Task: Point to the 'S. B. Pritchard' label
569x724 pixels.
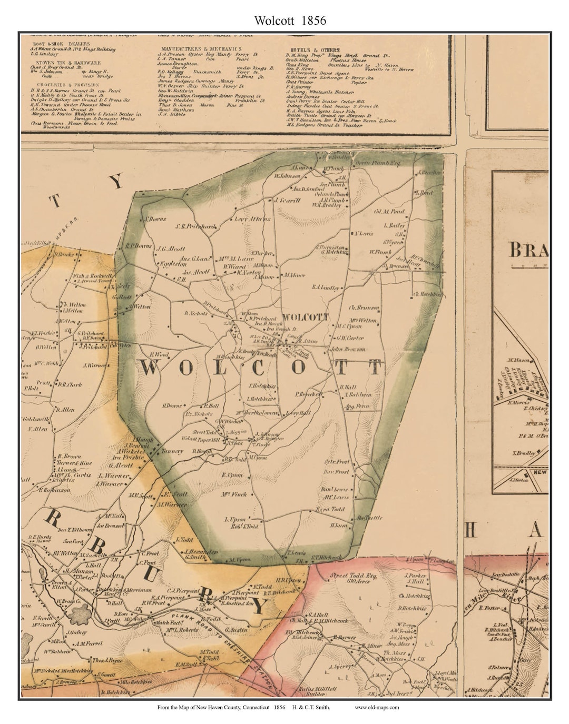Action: pos(195,226)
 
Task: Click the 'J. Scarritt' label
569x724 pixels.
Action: pos(287,201)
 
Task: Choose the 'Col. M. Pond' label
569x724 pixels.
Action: pos(389,212)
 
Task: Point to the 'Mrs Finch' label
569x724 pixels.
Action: pos(234,494)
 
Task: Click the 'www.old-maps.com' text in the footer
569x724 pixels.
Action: pos(377,707)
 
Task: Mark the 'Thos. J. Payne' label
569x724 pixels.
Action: pos(107,660)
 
